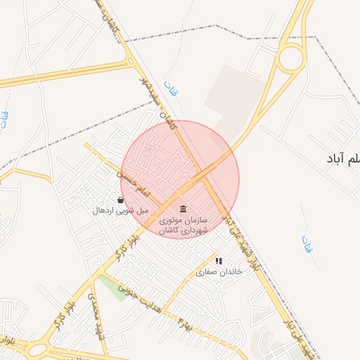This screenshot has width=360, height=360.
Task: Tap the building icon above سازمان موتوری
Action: point(183,210)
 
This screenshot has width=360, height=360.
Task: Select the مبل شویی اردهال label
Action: point(122,210)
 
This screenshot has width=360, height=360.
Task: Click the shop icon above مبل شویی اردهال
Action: point(121,200)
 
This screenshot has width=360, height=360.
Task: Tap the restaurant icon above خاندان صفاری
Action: point(219,261)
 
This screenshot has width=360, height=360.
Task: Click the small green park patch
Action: point(113,285)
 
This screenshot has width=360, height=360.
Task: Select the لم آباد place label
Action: point(342,160)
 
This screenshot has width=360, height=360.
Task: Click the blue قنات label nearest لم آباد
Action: point(307,244)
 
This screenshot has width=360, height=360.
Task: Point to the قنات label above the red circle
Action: point(169,89)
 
